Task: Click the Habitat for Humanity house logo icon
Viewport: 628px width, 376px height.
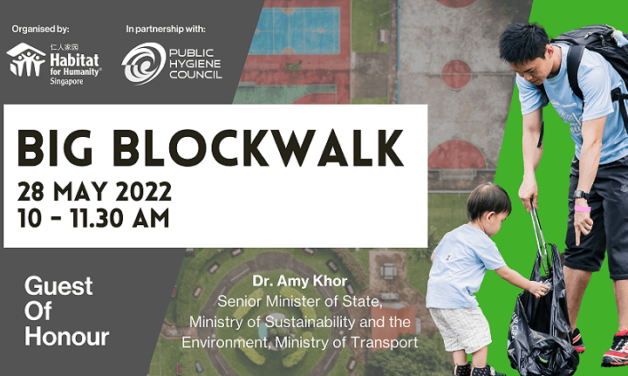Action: point(26,60)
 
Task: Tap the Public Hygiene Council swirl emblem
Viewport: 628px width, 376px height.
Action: point(143,64)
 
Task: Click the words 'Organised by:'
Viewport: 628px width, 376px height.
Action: point(40,30)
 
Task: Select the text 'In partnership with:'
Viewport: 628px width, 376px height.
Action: point(166,30)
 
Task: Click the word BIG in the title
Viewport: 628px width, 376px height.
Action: point(55,148)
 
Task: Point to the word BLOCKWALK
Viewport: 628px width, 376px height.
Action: point(258,148)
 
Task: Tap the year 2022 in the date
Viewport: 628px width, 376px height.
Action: point(143,192)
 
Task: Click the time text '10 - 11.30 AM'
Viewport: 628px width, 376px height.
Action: point(93,219)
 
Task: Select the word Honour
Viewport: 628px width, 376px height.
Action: point(67,337)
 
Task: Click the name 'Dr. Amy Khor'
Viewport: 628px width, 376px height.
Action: point(299,281)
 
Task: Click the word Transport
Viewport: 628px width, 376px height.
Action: point(384,343)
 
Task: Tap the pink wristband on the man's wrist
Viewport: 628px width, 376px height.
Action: point(582,209)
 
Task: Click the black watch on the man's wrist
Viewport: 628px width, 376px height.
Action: point(581,195)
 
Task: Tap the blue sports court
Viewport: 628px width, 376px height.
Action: point(294,31)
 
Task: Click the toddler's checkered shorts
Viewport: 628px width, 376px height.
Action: point(460,329)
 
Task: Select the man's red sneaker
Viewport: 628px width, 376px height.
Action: point(616,349)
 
